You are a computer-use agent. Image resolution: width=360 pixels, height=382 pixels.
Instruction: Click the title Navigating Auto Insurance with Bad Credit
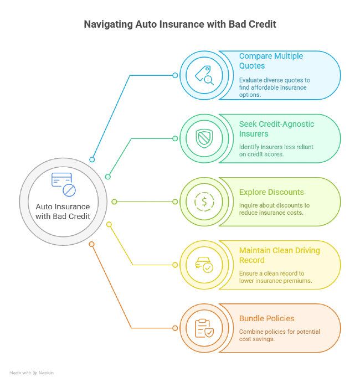tap(180, 24)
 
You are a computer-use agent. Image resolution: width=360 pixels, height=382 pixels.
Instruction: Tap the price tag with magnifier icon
tap(204, 75)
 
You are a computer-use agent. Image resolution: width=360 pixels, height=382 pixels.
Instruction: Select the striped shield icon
tap(204, 138)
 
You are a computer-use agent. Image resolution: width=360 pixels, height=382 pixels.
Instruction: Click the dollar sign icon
tap(204, 202)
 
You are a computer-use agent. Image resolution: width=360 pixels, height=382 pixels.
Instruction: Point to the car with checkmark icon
tap(204, 265)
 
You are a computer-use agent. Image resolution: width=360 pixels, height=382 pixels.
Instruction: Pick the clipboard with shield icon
tap(204, 328)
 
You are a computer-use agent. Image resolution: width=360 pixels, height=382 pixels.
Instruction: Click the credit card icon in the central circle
tap(63, 184)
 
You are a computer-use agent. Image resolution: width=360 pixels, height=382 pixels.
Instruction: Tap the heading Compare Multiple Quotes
tap(271, 61)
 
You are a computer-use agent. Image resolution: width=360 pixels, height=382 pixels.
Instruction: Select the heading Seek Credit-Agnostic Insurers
tap(276, 129)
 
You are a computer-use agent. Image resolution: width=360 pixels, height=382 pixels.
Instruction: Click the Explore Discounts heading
tap(271, 192)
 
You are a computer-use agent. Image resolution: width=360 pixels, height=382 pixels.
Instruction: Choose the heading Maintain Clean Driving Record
tap(280, 255)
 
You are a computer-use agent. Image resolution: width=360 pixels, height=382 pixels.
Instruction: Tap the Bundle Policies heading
tap(266, 318)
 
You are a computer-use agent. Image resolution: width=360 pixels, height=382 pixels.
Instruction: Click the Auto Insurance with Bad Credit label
tap(63, 211)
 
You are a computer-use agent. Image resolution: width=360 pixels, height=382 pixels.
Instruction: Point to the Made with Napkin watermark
tap(32, 373)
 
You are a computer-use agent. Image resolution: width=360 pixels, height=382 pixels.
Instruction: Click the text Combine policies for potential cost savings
tap(280, 335)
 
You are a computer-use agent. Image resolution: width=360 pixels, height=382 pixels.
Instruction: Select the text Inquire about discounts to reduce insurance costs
tap(275, 209)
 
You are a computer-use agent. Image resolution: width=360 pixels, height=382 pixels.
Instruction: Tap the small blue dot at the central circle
tap(92, 159)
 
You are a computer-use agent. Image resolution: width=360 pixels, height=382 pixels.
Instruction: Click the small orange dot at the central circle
tap(91, 244)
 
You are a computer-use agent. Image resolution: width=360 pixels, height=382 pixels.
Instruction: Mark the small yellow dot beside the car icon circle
tap(175, 265)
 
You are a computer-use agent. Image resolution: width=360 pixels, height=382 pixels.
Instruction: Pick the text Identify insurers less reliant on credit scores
tap(276, 151)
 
